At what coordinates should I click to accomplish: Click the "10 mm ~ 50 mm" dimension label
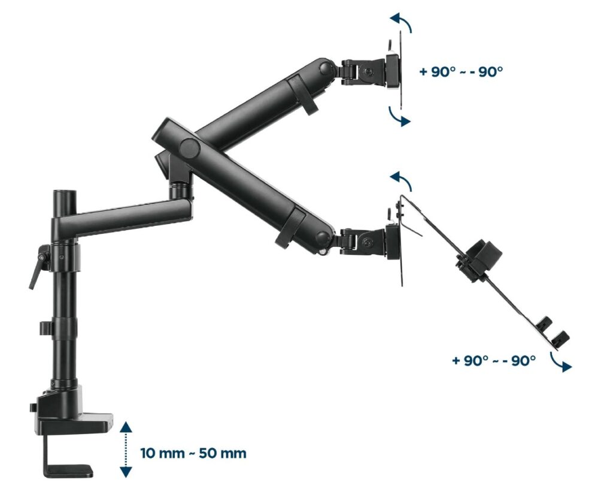(x=193, y=453)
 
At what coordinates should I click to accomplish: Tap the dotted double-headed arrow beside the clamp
(x=126, y=449)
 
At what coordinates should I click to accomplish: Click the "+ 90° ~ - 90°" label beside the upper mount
(x=460, y=71)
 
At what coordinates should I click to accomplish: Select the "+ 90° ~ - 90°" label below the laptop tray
(x=493, y=361)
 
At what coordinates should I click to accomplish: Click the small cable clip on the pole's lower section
(x=45, y=328)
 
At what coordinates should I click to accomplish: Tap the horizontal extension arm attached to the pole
(x=126, y=216)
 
